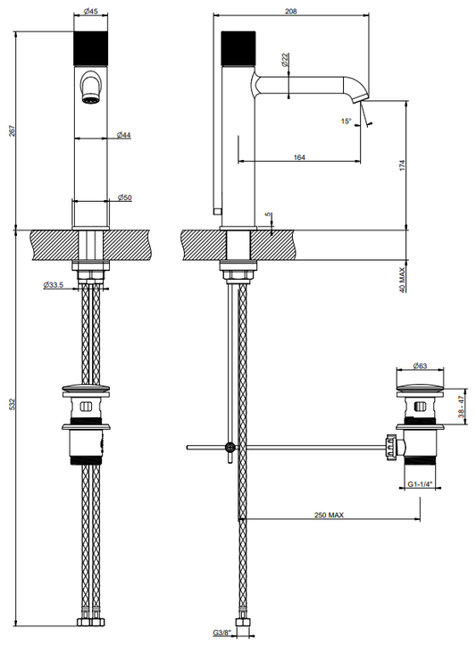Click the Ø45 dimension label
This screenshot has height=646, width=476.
pyautogui.click(x=90, y=12)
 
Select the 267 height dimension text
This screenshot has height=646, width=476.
pyautogui.click(x=12, y=130)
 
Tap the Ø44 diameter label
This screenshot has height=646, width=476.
pyautogui.click(x=123, y=135)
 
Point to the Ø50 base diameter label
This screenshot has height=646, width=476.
pyautogui.click(x=124, y=197)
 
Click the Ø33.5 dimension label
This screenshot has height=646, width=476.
pyautogui.click(x=53, y=285)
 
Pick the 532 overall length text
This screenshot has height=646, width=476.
pyautogui.click(x=12, y=404)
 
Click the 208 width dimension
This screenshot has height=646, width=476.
pyautogui.click(x=291, y=12)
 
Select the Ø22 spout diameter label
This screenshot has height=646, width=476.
pyautogui.click(x=285, y=60)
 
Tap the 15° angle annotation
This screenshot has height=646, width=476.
pyautogui.click(x=347, y=122)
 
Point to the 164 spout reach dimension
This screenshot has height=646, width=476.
pyautogui.click(x=299, y=157)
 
